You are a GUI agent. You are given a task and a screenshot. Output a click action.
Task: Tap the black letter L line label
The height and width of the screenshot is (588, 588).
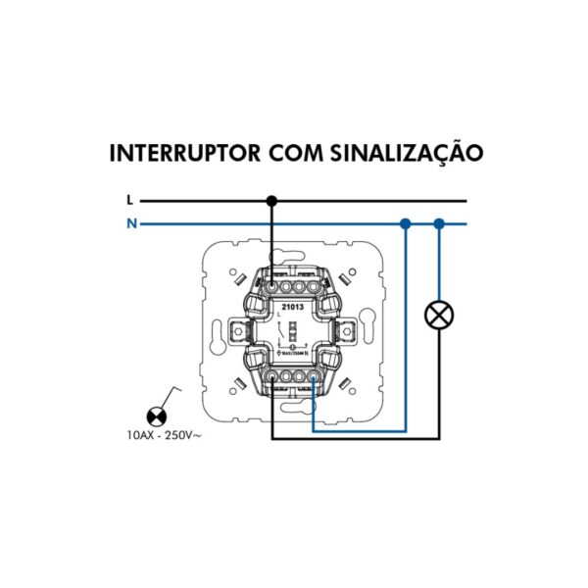point(129,200)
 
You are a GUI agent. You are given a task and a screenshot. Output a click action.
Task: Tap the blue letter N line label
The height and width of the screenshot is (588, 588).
point(129,223)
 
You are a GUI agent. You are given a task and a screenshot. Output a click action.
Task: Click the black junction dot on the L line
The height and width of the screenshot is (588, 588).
point(272,200)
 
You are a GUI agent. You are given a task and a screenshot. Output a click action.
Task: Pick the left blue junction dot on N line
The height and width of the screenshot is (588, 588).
point(405,223)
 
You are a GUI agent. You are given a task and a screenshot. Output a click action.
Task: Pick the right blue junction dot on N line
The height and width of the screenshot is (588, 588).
point(438,223)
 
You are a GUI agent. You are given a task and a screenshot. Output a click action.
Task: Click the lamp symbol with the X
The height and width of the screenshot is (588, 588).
point(438,316)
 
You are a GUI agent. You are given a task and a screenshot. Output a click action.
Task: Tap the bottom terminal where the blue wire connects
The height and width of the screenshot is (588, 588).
point(313,375)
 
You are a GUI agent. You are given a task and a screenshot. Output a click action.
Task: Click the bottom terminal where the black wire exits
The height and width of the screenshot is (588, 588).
point(272,375)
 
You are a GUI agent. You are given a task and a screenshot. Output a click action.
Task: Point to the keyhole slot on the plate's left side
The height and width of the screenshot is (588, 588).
point(213,330)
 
